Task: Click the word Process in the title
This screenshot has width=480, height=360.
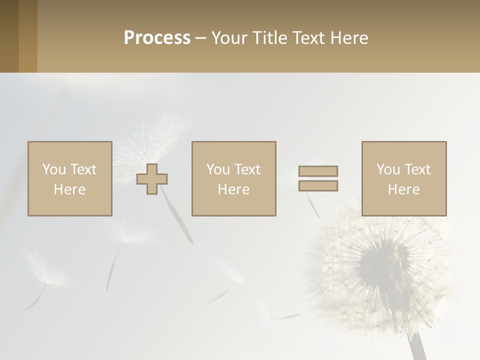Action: tap(157, 38)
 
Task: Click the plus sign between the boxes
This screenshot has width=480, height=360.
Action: tap(152, 179)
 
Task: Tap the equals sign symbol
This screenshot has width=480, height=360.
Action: tap(318, 178)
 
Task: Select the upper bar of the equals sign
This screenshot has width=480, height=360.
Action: tap(318, 171)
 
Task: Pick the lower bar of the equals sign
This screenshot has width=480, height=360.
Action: tap(318, 185)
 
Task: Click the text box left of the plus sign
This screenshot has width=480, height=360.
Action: tap(69, 178)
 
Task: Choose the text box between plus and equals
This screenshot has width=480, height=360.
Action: tap(233, 178)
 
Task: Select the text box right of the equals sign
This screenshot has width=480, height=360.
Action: tap(403, 178)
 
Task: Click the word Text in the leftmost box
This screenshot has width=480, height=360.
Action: tap(83, 169)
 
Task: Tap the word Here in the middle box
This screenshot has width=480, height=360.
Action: tap(233, 189)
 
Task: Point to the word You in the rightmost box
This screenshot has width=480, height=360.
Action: tap(388, 169)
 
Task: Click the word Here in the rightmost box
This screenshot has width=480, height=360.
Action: tap(403, 189)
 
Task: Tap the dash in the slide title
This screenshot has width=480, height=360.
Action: tap(200, 38)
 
